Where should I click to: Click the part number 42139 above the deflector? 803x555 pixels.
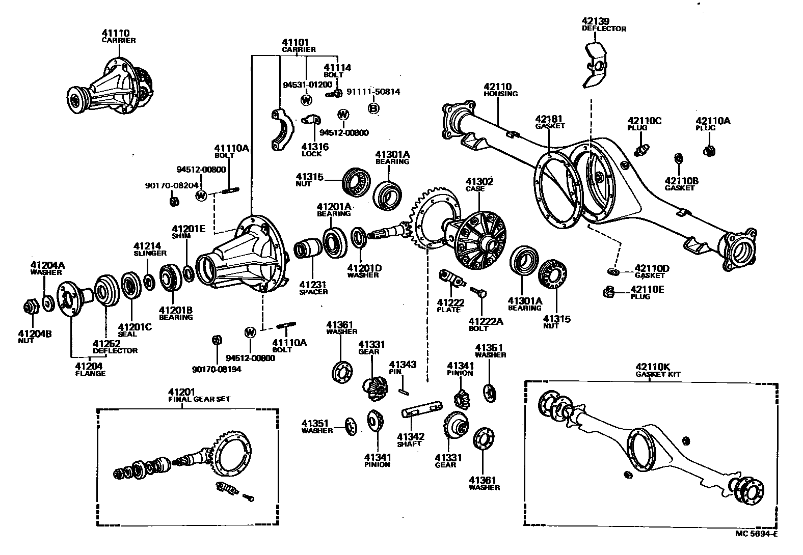pyautogui.click(x=595, y=21)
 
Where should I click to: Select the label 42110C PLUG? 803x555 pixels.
pyautogui.click(x=644, y=124)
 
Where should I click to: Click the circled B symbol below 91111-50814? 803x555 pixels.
pyautogui.click(x=373, y=108)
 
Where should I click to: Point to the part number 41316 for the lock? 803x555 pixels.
pyautogui.click(x=314, y=147)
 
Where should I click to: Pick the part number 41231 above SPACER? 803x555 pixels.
pyautogui.click(x=312, y=285)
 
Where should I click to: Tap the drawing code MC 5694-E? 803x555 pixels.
pyautogui.click(x=756, y=534)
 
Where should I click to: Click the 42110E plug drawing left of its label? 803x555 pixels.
pyautogui.click(x=607, y=292)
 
